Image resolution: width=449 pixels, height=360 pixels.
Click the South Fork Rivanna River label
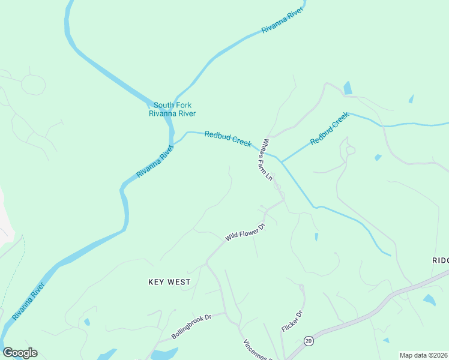(x=172, y=109)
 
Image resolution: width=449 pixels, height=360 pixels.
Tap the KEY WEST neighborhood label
(x=169, y=281)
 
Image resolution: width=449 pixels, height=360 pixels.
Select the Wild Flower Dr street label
(x=245, y=232)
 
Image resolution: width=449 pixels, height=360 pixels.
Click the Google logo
(x=20, y=352)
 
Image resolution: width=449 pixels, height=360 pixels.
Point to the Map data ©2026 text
(x=423, y=355)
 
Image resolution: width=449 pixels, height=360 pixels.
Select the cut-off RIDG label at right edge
(x=440, y=260)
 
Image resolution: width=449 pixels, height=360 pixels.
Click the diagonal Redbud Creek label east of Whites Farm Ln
(x=329, y=128)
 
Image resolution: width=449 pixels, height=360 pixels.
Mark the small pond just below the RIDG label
(x=429, y=299)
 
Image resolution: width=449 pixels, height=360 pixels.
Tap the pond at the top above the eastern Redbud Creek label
(x=347, y=88)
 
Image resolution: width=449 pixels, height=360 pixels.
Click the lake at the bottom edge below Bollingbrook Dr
(x=163, y=354)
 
